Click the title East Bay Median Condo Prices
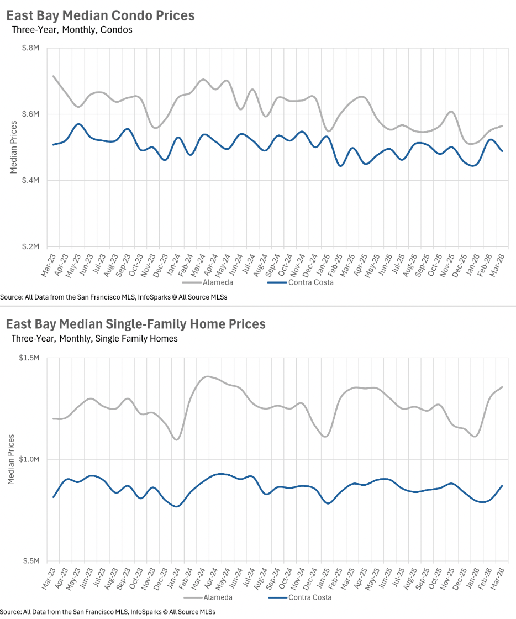(101, 15)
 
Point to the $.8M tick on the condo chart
(31, 48)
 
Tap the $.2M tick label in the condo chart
(31, 246)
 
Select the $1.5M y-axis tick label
(30, 358)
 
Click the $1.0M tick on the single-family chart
(30, 459)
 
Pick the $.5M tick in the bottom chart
(31, 560)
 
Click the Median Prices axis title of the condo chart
(13, 148)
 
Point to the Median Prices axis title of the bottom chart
(12, 459)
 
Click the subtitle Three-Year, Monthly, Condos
(72, 30)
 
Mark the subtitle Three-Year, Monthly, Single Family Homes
(94, 338)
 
